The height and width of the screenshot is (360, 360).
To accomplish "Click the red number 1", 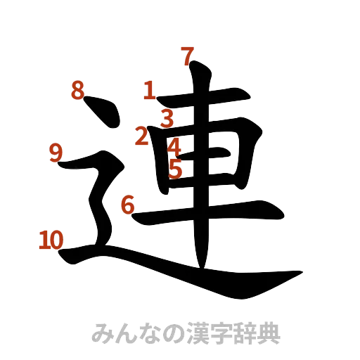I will click(x=149, y=91).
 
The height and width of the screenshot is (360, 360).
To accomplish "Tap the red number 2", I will click(x=143, y=135).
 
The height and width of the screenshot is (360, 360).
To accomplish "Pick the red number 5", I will click(x=176, y=169).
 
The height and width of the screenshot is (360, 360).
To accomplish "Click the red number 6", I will click(x=127, y=205).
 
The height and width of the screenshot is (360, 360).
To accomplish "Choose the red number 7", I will click(x=187, y=56).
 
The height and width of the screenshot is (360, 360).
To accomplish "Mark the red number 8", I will click(x=77, y=91).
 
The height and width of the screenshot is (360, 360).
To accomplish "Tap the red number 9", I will click(x=56, y=152).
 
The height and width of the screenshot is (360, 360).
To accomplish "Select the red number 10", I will click(x=51, y=240).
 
